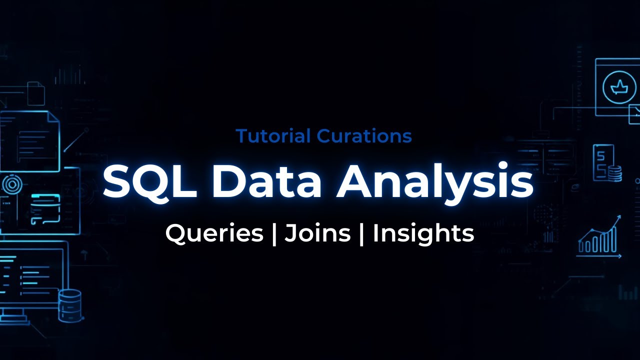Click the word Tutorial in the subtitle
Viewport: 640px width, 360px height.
click(x=267, y=136)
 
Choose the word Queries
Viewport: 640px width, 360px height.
click(x=214, y=233)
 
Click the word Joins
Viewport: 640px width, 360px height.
click(x=317, y=233)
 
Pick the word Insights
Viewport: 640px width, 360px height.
click(x=423, y=233)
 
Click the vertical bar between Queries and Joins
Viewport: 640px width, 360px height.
click(x=274, y=233)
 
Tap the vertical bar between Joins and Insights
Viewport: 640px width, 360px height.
click(x=361, y=233)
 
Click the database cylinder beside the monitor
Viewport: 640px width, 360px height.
click(x=69, y=304)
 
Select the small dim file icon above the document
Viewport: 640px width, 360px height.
click(x=36, y=93)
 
